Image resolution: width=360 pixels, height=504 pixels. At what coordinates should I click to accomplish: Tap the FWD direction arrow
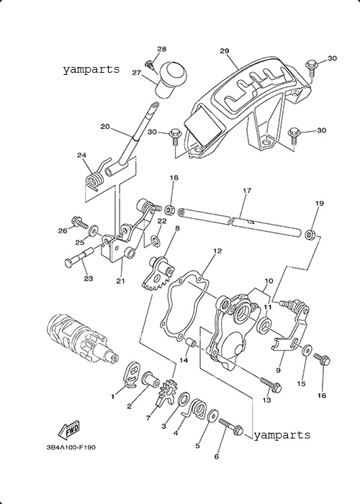[x=68, y=431]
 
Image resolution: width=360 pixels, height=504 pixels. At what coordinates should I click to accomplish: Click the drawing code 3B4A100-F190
[x=71, y=447]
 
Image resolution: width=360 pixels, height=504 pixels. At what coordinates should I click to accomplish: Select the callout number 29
[x=225, y=51]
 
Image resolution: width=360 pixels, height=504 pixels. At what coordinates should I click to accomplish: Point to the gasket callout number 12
[x=217, y=251]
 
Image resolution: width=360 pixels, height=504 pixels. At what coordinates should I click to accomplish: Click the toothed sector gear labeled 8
[x=158, y=273]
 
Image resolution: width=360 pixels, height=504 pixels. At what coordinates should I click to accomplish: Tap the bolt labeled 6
[x=231, y=425]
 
